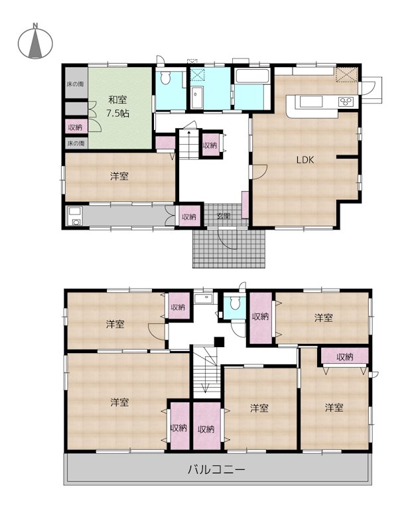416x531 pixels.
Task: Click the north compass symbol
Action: point(35,42)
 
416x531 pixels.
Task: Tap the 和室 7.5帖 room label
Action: point(118,106)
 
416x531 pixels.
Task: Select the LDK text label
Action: point(305,159)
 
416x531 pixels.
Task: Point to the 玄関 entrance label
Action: point(223,216)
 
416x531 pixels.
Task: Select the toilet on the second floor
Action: point(234,305)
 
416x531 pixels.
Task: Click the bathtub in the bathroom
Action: point(252,76)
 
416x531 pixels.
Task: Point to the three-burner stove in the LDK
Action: point(347,102)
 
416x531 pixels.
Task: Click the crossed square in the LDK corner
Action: point(346,74)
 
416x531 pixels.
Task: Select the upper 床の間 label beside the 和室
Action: point(75,84)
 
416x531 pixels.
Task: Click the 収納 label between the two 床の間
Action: point(75,127)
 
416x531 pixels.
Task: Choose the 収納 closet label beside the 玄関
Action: point(189,216)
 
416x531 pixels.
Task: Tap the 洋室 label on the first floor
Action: point(119,177)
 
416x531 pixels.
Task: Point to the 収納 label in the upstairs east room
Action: point(344,357)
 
